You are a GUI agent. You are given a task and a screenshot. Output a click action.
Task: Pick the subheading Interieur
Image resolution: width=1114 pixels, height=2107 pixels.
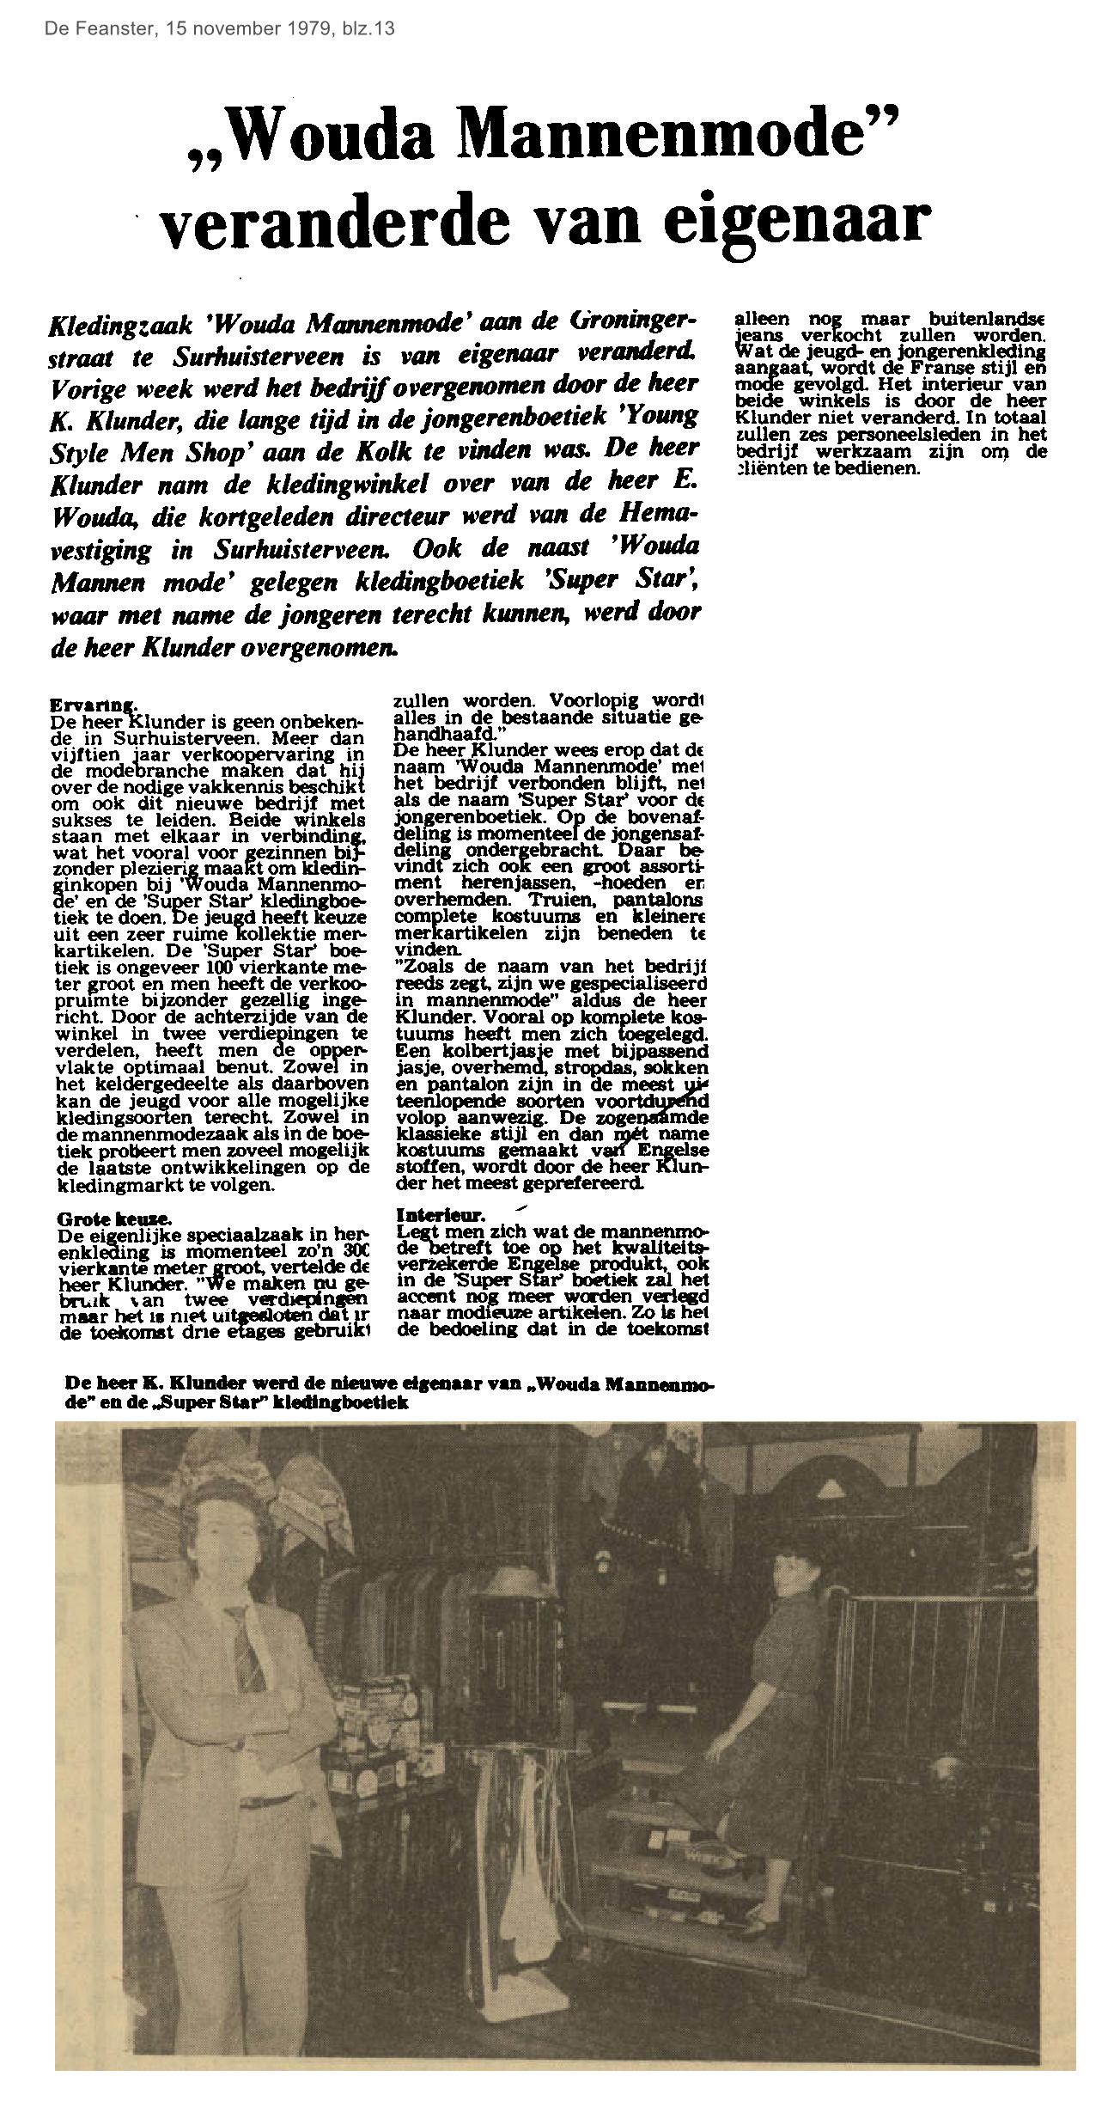tap(441, 1216)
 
